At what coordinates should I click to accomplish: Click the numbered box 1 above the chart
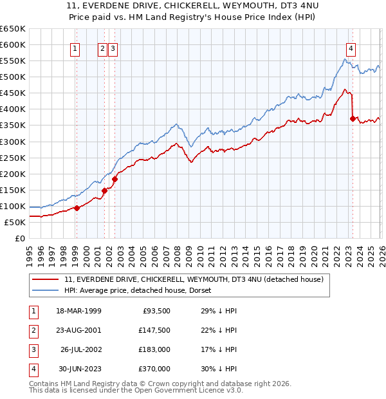76,48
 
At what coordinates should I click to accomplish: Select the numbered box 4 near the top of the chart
351,48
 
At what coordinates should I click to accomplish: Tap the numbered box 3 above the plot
113,48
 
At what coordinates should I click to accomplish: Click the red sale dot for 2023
353,118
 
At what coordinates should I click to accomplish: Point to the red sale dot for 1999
77,208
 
